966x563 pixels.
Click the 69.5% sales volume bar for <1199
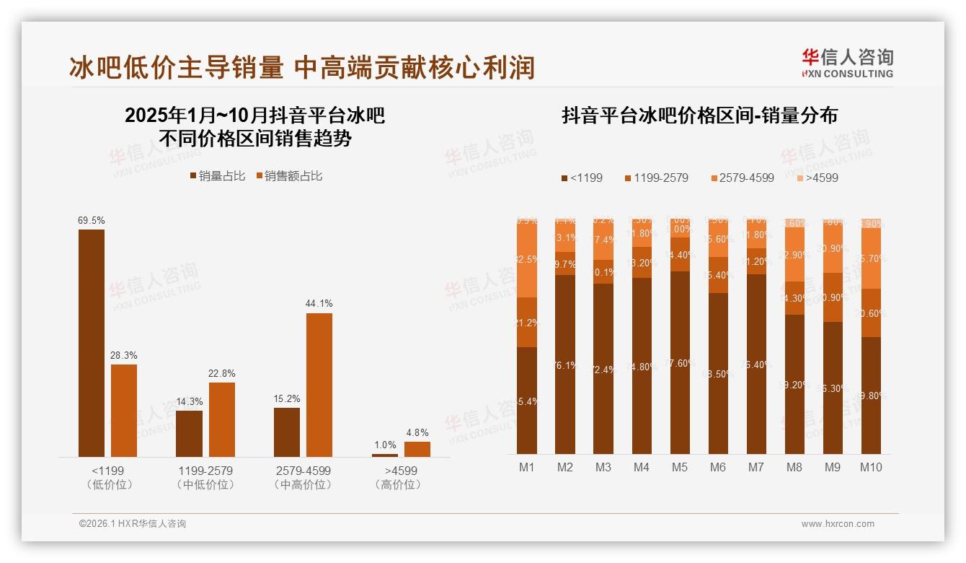click(x=92, y=343)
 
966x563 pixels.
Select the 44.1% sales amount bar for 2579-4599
click(x=319, y=384)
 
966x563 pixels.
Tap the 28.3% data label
click(x=124, y=356)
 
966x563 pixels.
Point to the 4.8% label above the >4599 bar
click(x=417, y=433)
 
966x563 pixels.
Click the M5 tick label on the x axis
click(x=679, y=467)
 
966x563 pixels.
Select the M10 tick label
click(x=871, y=467)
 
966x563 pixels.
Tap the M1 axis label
click(x=527, y=467)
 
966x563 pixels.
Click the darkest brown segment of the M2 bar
click(x=565, y=365)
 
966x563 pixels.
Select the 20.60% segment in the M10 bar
click(x=871, y=313)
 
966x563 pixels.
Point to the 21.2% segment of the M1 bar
click(x=527, y=323)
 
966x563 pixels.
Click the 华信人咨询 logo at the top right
click(x=847, y=63)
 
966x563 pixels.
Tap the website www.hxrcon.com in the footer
click(x=838, y=524)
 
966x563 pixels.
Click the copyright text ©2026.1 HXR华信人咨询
click(x=133, y=524)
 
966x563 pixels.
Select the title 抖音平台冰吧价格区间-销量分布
click(x=699, y=116)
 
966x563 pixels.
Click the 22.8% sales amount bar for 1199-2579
click(x=222, y=419)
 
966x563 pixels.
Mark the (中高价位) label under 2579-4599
click(x=303, y=485)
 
